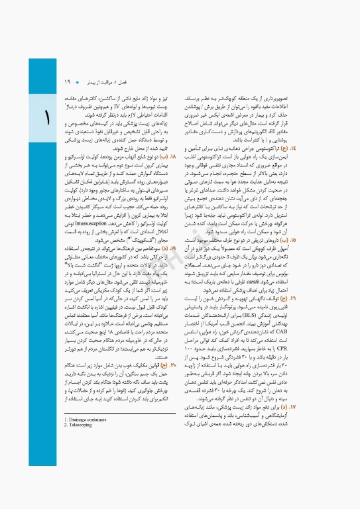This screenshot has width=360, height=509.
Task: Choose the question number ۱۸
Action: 173,139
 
